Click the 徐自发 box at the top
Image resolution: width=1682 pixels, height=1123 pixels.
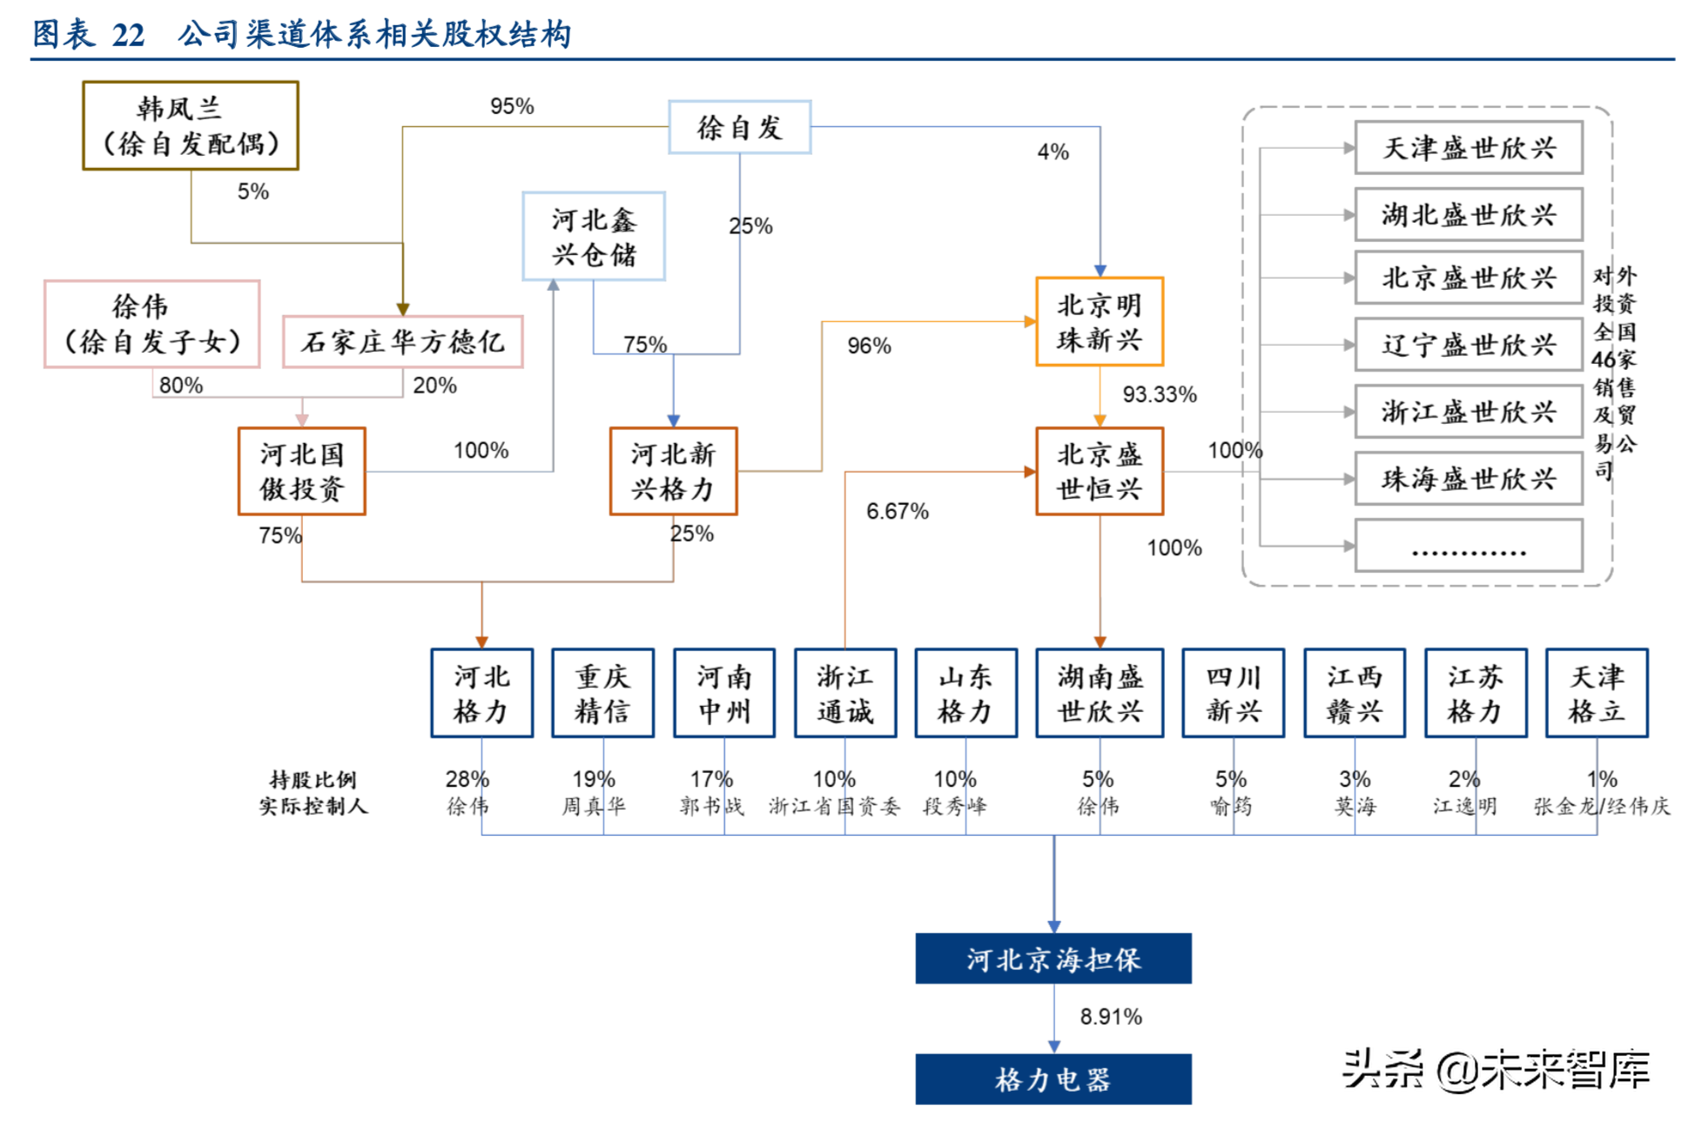739,127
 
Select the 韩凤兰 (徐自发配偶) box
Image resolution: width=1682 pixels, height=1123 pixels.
191,125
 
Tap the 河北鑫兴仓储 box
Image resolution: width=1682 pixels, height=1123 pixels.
594,237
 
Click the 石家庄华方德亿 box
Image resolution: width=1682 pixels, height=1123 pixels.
402,342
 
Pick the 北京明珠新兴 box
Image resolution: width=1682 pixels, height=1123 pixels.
1100,322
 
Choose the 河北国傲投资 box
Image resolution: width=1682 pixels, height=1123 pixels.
302,471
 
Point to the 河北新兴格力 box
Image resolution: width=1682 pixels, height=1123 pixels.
673,471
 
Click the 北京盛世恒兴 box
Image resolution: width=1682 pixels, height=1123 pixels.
1100,471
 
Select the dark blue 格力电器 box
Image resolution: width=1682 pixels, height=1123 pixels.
1053,1079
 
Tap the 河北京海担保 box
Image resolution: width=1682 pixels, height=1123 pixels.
1053,958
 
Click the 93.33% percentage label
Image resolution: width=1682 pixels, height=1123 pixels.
1159,394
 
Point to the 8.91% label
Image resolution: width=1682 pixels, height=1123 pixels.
1110,1016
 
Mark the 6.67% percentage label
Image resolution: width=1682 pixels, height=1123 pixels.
897,511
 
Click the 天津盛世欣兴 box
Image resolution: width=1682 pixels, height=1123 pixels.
1468,148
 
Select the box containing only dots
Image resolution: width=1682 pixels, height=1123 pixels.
1468,546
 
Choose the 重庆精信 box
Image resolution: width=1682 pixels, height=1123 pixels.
602,694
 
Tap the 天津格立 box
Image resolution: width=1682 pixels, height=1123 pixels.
1596,694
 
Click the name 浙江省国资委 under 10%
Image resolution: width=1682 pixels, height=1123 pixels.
833,806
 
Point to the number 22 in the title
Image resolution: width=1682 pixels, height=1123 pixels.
128,35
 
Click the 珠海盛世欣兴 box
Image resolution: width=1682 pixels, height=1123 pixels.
1468,479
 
